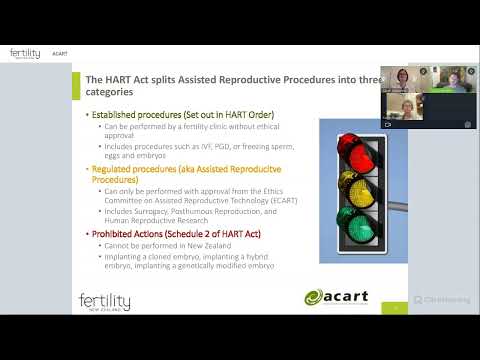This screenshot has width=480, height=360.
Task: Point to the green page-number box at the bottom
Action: click(x=394, y=309)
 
